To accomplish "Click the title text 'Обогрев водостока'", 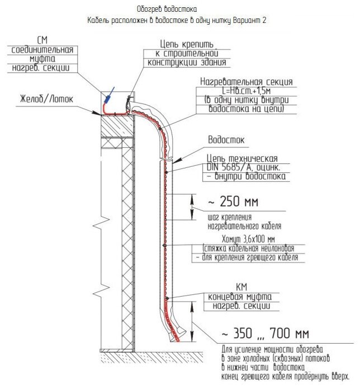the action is [x=167, y=10].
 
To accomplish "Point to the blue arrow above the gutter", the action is [x=111, y=93].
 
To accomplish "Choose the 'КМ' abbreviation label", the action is [x=225, y=286].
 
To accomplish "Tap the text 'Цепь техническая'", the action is [x=241, y=158].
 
